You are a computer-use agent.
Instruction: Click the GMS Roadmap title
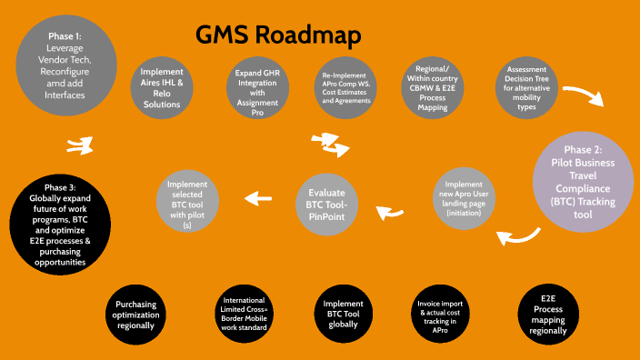pyautogui.click(x=279, y=35)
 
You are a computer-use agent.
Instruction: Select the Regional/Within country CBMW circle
pyautogui.click(x=435, y=88)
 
